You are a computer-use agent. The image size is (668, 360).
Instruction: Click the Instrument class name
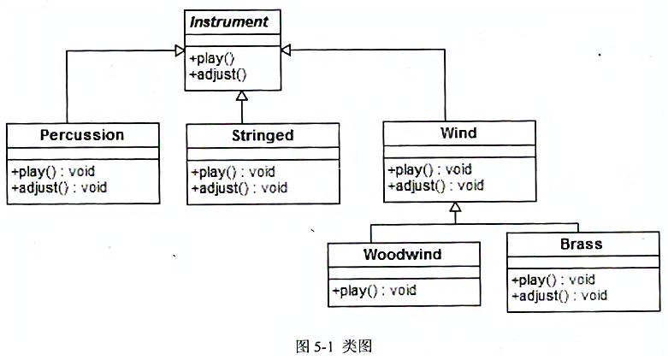pos(229,21)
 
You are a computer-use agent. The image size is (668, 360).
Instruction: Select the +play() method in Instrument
pos(212,58)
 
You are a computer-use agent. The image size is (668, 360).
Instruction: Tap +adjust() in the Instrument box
pos(218,74)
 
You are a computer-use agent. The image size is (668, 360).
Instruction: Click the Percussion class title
pos(82,135)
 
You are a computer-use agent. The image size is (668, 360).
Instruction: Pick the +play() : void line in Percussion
pos(53,172)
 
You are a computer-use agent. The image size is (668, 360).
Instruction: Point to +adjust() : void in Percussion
pos(59,187)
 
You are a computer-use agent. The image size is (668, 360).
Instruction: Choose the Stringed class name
pos(263,135)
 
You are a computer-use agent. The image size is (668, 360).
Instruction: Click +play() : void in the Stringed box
pos(233,172)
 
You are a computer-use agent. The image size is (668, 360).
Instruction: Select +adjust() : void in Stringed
pos(239,188)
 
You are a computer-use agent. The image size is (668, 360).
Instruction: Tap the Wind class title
pos(458,133)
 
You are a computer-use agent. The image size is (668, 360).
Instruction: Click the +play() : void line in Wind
pos(430,169)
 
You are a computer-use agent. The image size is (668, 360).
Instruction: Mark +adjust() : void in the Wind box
pos(436,186)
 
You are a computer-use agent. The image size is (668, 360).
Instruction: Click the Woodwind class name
pos(403,254)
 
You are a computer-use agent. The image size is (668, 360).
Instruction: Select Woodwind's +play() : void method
pos(375,291)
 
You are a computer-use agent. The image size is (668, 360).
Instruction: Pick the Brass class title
pos(582,244)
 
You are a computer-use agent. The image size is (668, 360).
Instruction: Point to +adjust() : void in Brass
pos(559,296)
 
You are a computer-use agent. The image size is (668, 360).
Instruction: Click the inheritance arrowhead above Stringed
pos(242,96)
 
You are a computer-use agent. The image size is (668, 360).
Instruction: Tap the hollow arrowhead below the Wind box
pos(455,207)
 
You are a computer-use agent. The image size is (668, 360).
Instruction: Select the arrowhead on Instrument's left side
pos(180,50)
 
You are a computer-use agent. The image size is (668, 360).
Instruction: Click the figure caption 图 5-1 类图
pos(334,346)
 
